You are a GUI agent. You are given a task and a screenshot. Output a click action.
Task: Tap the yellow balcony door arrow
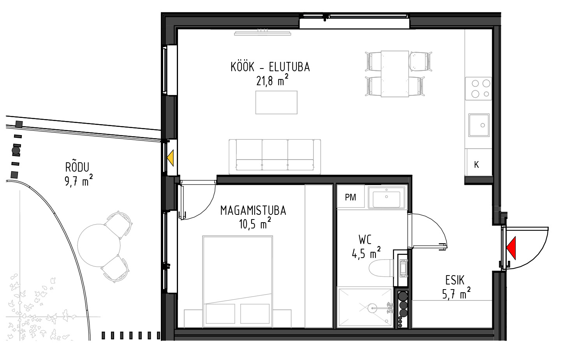(171, 158)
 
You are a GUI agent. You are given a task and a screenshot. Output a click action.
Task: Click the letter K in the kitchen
(476, 165)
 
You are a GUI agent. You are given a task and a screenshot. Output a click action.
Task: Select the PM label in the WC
(350, 197)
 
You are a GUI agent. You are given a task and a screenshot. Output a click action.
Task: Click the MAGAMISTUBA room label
(253, 211)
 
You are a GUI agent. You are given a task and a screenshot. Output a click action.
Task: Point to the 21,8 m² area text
(272, 80)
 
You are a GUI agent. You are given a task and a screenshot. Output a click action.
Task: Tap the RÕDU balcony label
(77, 167)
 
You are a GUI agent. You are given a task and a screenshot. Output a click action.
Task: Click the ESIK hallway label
(455, 281)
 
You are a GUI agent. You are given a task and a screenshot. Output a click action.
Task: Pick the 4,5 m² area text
(366, 253)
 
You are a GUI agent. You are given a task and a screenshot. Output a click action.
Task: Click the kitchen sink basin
(479, 125)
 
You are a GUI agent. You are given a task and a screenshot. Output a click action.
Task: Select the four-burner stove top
(478, 88)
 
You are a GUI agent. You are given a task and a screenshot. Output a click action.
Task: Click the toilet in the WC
(381, 268)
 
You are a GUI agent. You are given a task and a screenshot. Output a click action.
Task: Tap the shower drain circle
(372, 308)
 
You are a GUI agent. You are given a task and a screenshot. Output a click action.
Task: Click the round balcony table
(99, 245)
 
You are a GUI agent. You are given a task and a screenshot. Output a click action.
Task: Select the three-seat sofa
(275, 157)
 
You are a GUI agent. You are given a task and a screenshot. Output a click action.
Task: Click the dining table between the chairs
(395, 74)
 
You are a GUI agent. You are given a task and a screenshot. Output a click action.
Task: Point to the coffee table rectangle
(276, 102)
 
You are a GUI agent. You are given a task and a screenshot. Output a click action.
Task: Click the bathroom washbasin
(386, 197)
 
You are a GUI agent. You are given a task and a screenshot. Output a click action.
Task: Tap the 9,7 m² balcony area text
(79, 181)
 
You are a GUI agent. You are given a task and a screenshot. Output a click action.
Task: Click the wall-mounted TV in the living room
(263, 33)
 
